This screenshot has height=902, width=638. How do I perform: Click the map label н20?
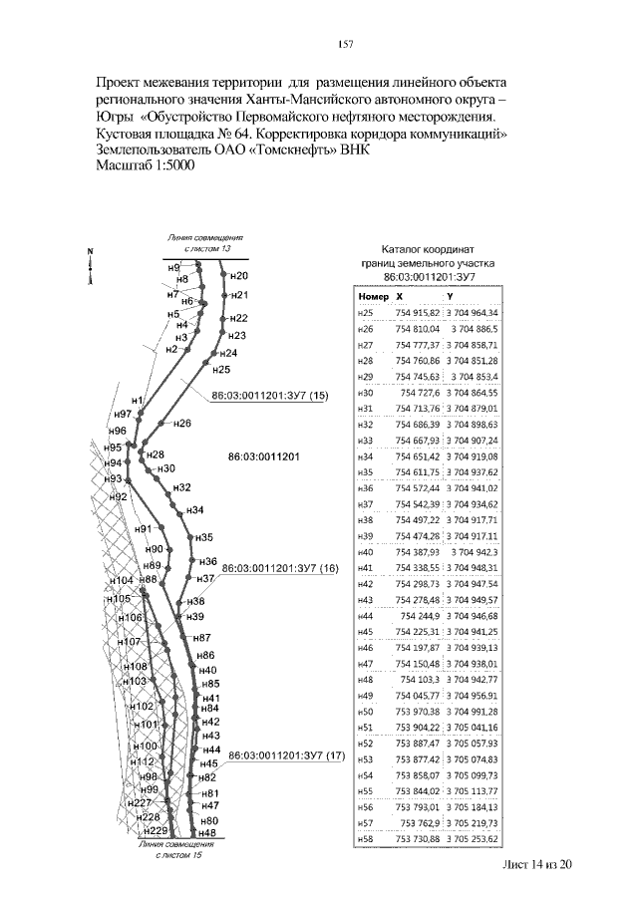pos(238,275)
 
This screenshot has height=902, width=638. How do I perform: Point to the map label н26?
pos(181,424)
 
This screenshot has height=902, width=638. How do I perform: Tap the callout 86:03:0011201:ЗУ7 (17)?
pos(286,755)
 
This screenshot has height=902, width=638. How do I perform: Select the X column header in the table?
pos(400,296)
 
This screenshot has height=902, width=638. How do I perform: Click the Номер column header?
pos(371,296)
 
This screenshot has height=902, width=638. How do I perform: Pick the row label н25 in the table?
pos(364,312)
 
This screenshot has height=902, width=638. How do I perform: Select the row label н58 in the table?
pos(364,838)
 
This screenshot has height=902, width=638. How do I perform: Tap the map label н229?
pos(156,830)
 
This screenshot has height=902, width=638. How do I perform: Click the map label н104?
pos(121,580)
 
